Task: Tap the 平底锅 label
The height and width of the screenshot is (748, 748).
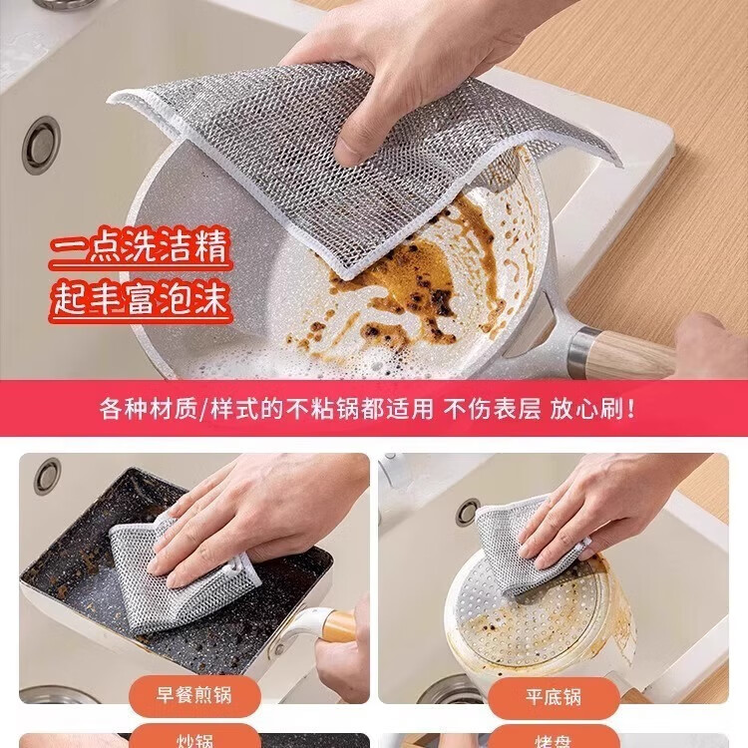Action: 553,694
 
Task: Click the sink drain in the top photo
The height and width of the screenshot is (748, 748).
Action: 41,145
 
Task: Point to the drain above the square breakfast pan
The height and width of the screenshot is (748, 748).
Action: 47,476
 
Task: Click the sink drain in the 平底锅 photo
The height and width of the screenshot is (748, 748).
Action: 468,513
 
